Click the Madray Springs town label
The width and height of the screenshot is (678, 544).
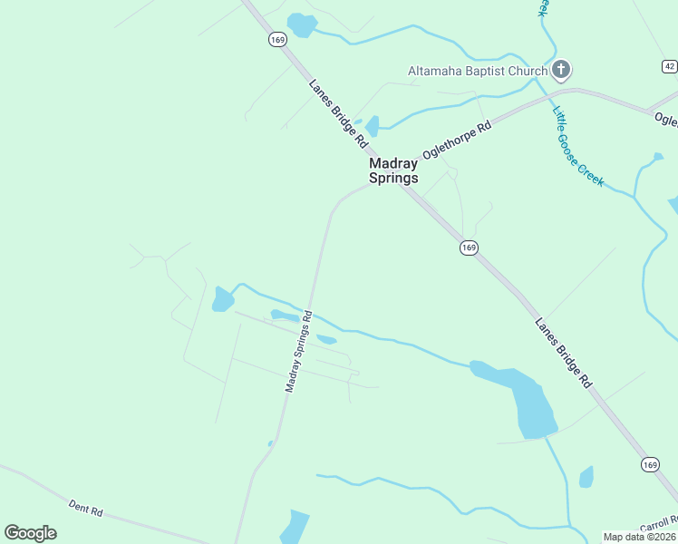(393, 170)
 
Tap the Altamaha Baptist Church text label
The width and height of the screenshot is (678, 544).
(478, 71)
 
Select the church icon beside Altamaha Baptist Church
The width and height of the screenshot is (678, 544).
(561, 69)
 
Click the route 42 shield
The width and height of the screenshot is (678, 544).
(669, 66)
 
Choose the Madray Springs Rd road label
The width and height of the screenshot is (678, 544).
(298, 352)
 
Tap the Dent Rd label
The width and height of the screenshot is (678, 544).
(86, 508)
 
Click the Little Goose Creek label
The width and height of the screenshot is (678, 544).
(578, 147)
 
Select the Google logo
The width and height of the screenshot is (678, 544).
(30, 533)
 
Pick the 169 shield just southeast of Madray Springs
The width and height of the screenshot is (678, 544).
(468, 248)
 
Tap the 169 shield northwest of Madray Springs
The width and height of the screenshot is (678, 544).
(277, 40)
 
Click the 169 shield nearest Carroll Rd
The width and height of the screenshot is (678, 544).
(650, 464)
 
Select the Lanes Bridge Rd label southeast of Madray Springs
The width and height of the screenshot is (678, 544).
(563, 353)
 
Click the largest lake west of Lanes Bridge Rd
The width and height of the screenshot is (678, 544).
(526, 399)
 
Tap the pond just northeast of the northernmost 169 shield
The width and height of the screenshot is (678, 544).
(301, 24)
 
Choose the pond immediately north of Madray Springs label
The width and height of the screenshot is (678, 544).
(372, 126)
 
